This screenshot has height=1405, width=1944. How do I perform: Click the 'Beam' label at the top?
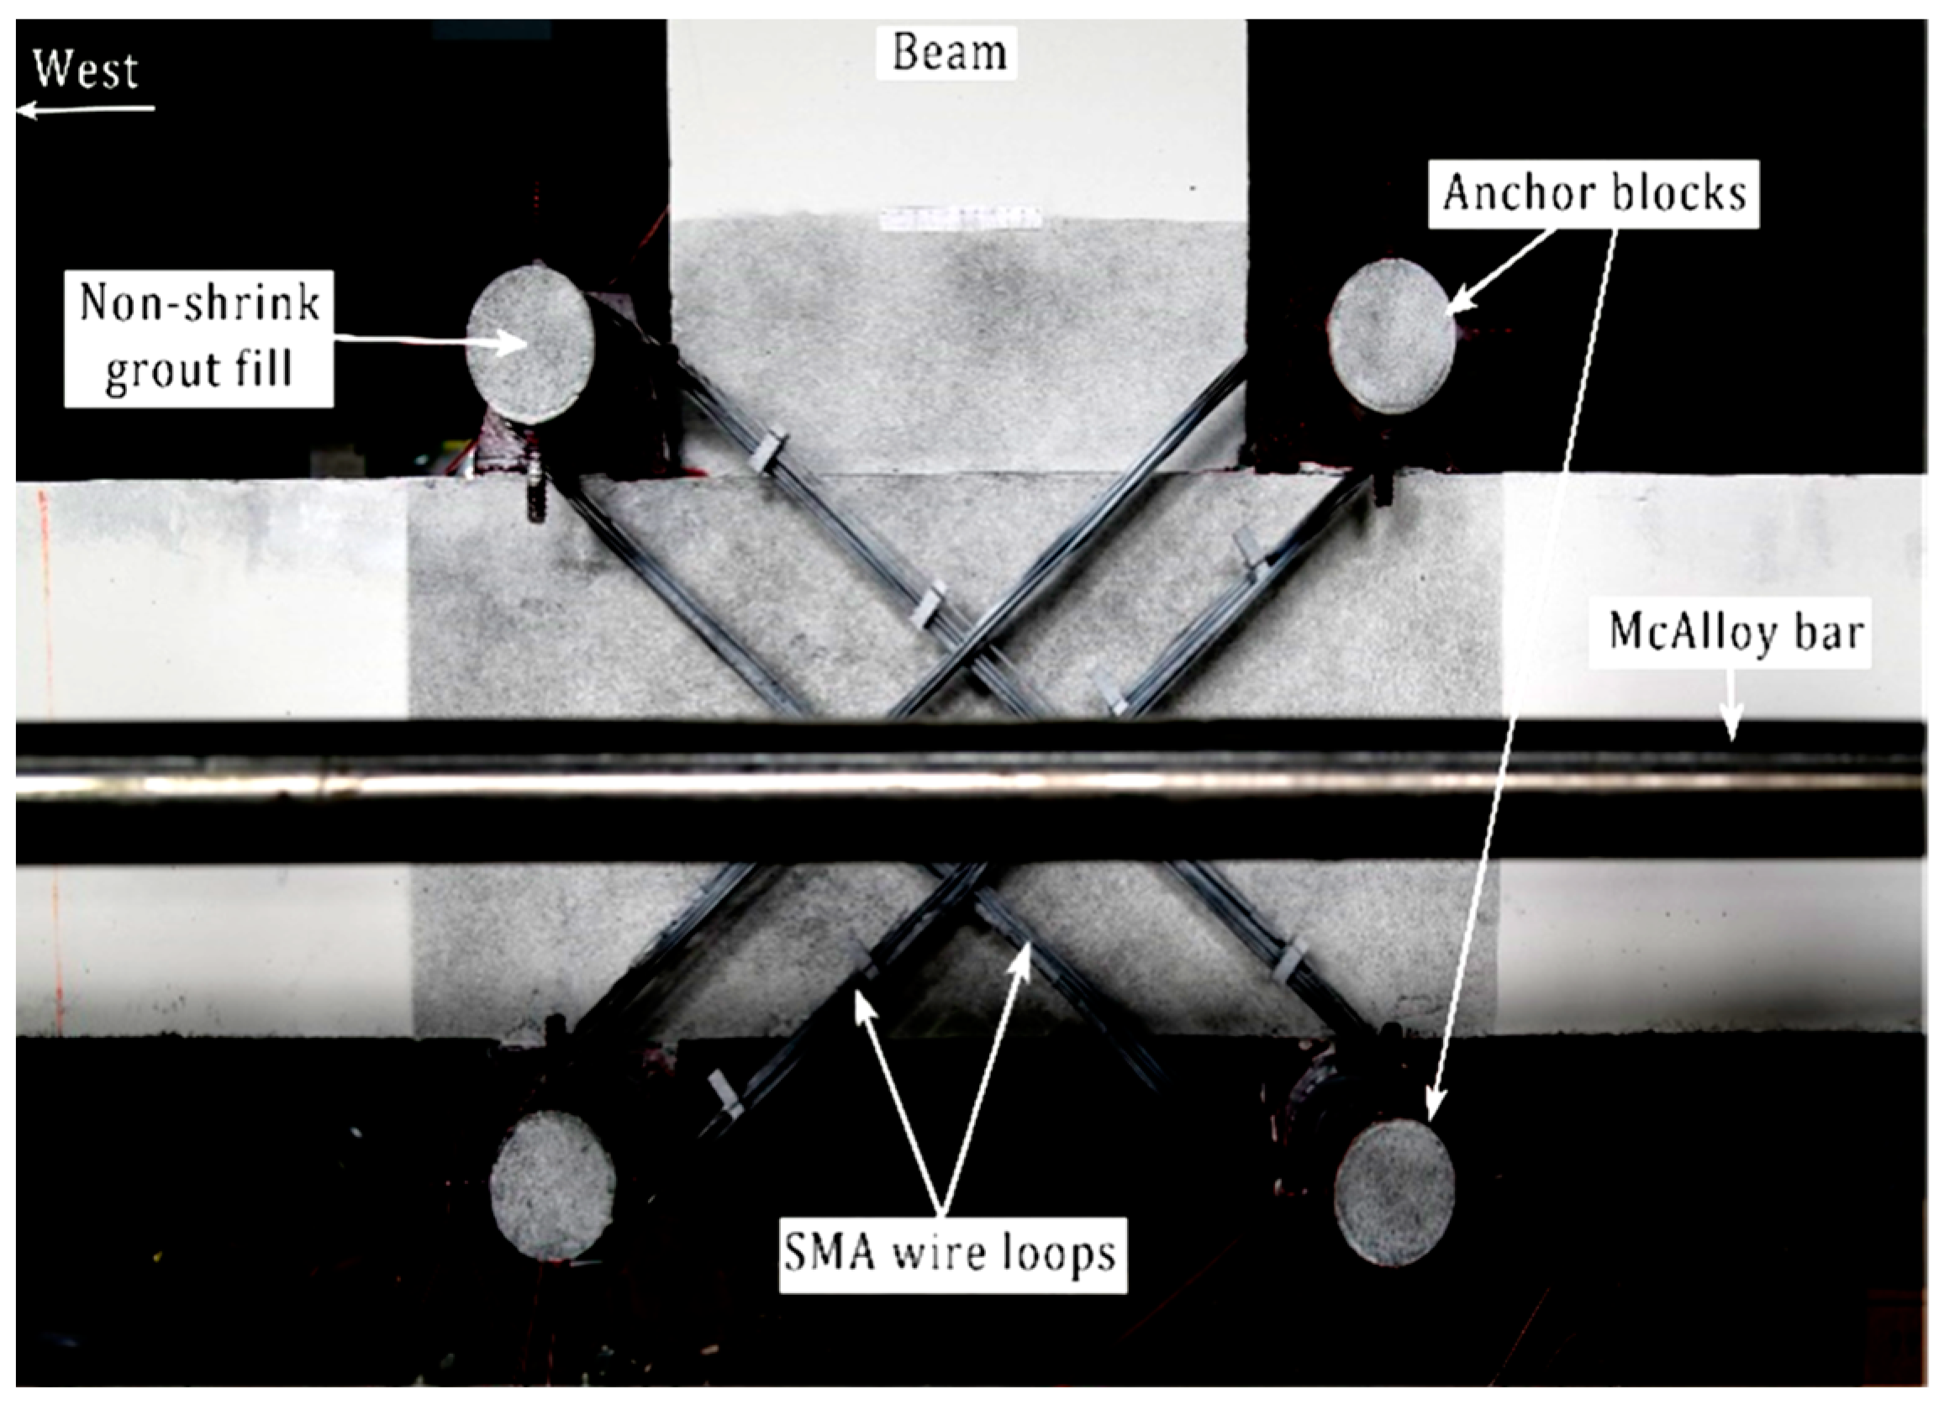[948, 52]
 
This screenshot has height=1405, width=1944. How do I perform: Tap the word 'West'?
[86, 71]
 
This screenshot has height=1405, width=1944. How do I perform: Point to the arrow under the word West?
[86, 109]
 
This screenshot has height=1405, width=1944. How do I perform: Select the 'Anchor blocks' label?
[1594, 193]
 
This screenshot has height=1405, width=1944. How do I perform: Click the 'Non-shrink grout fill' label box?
[199, 339]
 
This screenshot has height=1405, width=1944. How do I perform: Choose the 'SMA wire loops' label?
[951, 1254]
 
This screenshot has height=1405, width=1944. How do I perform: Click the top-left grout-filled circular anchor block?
[530, 343]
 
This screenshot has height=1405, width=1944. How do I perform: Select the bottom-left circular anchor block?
[553, 1184]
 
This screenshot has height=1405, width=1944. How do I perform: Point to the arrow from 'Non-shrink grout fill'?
[429, 342]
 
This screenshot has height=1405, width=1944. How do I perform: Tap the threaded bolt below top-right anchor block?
[1383, 488]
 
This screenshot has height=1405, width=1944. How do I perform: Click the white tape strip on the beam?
[960, 218]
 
